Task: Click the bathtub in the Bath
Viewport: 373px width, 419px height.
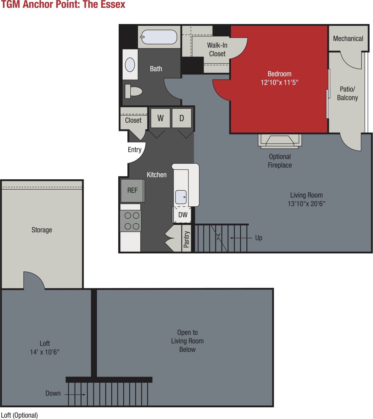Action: tap(159, 37)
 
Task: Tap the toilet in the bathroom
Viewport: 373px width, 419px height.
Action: tap(134, 91)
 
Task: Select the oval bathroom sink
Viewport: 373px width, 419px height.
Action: tap(130, 65)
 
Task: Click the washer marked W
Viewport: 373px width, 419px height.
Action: tap(160, 118)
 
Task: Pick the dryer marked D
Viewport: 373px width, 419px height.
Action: tap(181, 118)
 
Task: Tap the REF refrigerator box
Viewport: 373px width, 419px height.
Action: tap(132, 190)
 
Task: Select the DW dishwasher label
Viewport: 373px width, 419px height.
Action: tap(183, 215)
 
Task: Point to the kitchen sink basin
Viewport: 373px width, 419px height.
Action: tap(181, 197)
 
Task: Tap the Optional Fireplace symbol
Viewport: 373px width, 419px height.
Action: tap(280, 141)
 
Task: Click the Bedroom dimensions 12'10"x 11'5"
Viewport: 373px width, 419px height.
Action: tap(279, 82)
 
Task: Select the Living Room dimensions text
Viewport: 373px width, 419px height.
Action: tap(306, 204)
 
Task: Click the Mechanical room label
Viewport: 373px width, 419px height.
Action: tap(348, 38)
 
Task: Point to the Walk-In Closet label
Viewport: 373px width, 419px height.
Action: tap(217, 49)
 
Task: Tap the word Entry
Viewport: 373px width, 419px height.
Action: tap(135, 150)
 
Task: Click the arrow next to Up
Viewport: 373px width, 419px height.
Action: tap(241, 238)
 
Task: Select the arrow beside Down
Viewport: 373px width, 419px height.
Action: tap(75, 395)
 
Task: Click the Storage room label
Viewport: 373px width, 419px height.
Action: tap(42, 230)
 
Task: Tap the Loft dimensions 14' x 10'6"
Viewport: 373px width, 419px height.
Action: tap(45, 352)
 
